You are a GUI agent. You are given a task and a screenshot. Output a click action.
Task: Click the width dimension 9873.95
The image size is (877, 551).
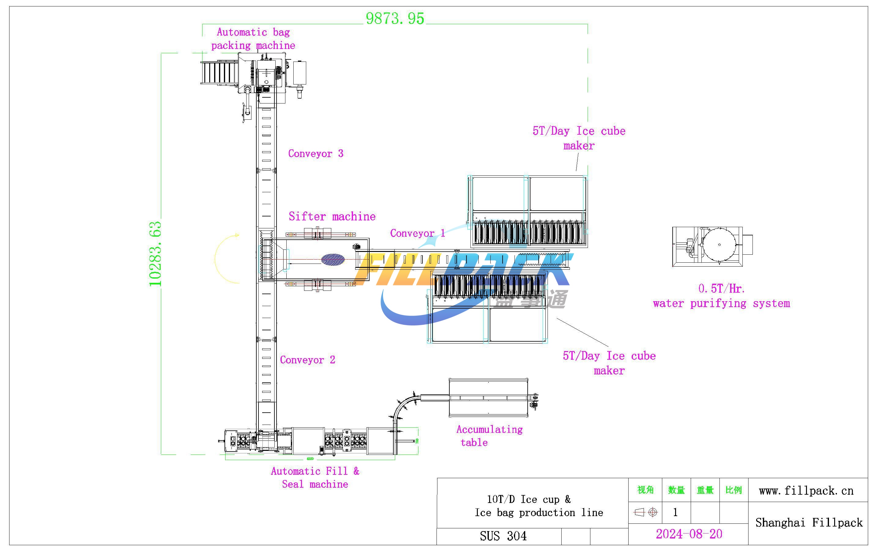pyautogui.click(x=395, y=19)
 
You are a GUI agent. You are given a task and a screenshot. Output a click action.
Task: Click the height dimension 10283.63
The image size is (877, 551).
pyautogui.click(x=155, y=254)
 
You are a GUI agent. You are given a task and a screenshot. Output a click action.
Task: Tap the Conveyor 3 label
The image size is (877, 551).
pyautogui.click(x=316, y=153)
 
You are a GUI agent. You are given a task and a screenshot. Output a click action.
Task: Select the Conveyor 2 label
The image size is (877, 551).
pyautogui.click(x=307, y=360)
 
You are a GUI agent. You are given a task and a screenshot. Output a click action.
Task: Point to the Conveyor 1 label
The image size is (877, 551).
pyautogui.click(x=417, y=233)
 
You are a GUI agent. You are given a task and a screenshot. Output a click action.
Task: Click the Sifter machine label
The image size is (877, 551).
pyautogui.click(x=332, y=216)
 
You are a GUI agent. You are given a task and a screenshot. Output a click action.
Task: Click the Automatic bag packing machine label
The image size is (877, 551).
pyautogui.click(x=253, y=39)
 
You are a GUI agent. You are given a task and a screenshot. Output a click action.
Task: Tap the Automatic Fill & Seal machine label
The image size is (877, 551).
pyautogui.click(x=315, y=478)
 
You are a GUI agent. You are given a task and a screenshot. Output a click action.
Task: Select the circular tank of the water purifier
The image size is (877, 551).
pyautogui.click(x=719, y=245)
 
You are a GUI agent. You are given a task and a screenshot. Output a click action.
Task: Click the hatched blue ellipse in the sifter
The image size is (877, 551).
pyautogui.click(x=333, y=260)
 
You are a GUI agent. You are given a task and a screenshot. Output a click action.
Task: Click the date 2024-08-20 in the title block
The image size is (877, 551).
pyautogui.click(x=689, y=534)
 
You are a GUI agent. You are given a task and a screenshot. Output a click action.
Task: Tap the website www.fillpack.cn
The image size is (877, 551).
pyautogui.click(x=806, y=490)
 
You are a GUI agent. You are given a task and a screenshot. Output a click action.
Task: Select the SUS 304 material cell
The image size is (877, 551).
pyautogui.click(x=503, y=536)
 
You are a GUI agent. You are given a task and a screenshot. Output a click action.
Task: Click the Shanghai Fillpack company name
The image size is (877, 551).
pyautogui.click(x=808, y=523)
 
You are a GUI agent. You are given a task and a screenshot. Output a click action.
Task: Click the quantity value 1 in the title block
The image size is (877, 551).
pyautogui.click(x=675, y=512)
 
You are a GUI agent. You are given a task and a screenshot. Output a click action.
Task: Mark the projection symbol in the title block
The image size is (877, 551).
pyautogui.click(x=645, y=512)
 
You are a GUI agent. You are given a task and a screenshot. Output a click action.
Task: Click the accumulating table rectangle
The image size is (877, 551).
pyautogui.click(x=488, y=398)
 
